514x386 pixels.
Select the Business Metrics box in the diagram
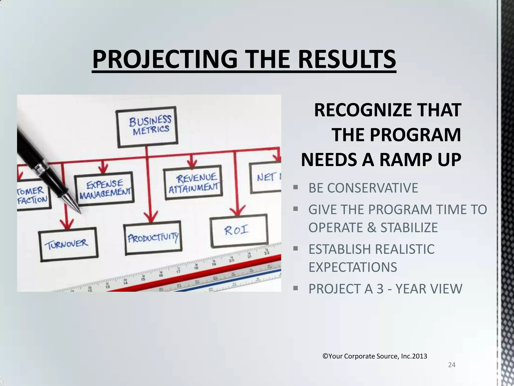pos(147,127)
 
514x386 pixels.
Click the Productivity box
pos(153,238)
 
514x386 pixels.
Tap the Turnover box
pos(68,244)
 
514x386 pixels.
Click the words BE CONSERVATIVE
pos(363,188)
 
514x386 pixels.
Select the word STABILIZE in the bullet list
pos(409,227)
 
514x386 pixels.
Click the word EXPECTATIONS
pos(353,267)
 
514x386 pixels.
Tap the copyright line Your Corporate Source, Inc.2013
pos(375,356)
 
